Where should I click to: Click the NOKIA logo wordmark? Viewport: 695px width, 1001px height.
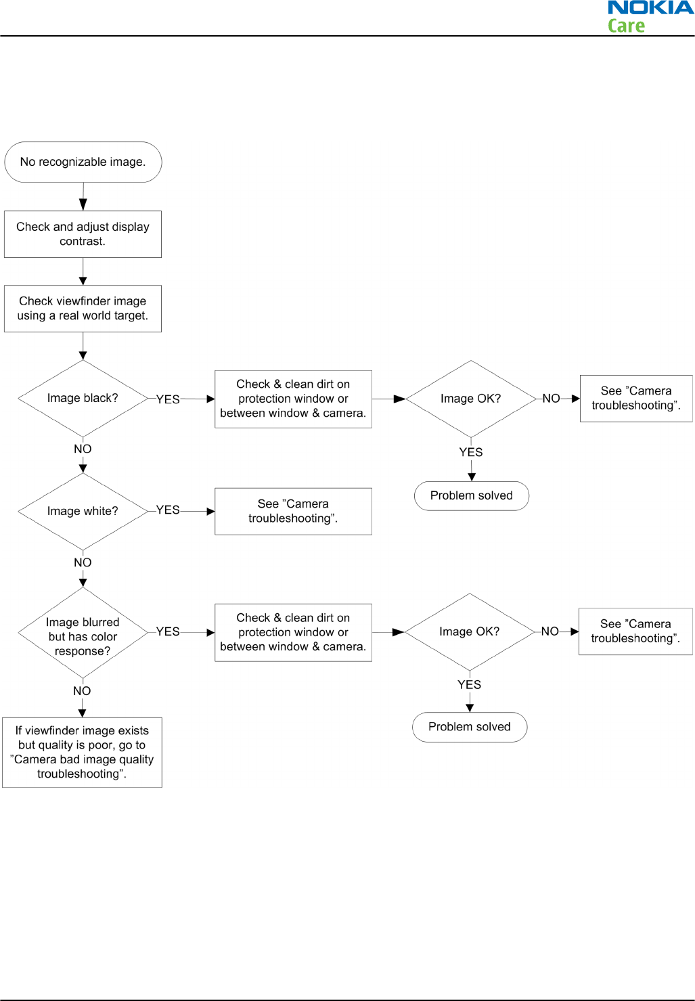(x=651, y=7)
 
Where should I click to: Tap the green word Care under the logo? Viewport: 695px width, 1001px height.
(x=626, y=26)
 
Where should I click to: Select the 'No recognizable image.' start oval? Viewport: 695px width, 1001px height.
(x=83, y=162)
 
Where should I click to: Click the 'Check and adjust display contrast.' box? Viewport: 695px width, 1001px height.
(x=83, y=234)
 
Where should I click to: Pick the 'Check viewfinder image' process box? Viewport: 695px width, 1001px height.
(x=83, y=309)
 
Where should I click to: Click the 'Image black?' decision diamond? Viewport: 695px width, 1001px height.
(x=83, y=398)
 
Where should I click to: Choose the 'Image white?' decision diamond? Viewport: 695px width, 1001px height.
(x=83, y=511)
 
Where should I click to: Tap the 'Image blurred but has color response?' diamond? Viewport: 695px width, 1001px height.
(x=83, y=632)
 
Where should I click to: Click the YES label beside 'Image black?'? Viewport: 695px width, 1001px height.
(x=168, y=399)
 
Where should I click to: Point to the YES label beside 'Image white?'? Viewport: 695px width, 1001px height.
(x=168, y=510)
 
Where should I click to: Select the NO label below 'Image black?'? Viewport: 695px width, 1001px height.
(x=83, y=449)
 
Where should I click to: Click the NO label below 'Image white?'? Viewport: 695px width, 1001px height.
(x=83, y=562)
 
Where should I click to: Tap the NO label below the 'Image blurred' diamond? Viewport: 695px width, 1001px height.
(x=82, y=691)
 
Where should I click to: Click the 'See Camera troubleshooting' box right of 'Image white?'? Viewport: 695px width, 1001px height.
(x=293, y=511)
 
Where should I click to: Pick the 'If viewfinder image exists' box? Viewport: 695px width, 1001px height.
(x=83, y=753)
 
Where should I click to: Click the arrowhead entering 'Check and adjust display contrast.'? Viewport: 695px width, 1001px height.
(x=83, y=204)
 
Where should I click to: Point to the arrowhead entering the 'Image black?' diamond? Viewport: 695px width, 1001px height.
(x=83, y=356)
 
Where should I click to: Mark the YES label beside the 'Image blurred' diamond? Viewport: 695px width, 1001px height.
(x=168, y=631)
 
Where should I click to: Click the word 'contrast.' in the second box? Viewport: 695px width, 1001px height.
(x=83, y=242)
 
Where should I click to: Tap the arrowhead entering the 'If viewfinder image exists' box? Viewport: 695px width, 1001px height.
(x=83, y=713)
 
